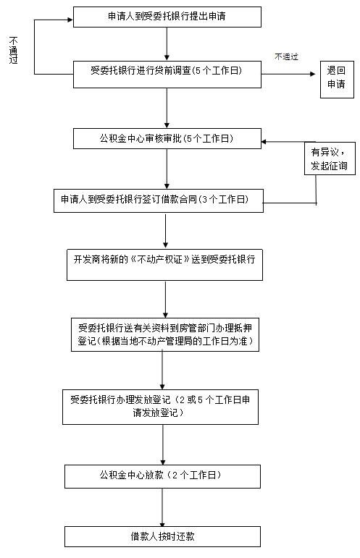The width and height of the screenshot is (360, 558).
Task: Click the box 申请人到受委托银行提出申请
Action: coord(167,17)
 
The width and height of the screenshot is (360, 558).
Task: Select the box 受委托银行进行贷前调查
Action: coord(167,75)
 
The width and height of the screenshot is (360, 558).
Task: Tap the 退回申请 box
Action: coord(337,80)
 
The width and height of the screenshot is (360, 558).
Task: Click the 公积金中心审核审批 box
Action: coord(167,138)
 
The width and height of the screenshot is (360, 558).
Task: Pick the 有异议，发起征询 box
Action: coord(330,158)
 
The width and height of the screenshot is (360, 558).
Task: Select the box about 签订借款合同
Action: coord(159,200)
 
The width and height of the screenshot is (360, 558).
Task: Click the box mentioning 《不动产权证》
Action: coord(164,265)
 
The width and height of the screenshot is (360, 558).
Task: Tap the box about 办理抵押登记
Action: coord(165,334)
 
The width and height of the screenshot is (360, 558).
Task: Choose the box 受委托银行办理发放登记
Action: coord(160,407)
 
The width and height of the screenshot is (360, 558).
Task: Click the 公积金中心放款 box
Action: coord(162,476)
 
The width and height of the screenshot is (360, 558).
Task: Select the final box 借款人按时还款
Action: coord(162,536)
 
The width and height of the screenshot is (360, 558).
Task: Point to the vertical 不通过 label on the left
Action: coord(13,50)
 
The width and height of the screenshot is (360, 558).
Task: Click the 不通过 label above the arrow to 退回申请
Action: coord(286,56)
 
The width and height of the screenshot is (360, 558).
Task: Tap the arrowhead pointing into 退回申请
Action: coord(313,74)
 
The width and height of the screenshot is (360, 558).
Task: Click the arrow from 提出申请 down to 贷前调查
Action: coord(167,44)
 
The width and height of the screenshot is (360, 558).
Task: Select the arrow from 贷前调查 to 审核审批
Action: coord(167,108)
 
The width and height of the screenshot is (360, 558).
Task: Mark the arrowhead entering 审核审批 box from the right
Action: coord(264,142)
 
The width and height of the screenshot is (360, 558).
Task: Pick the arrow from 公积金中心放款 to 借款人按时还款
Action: coord(162,507)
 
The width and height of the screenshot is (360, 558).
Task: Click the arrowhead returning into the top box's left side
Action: coord(70,20)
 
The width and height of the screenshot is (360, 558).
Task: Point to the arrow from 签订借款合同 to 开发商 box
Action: coord(165,231)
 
